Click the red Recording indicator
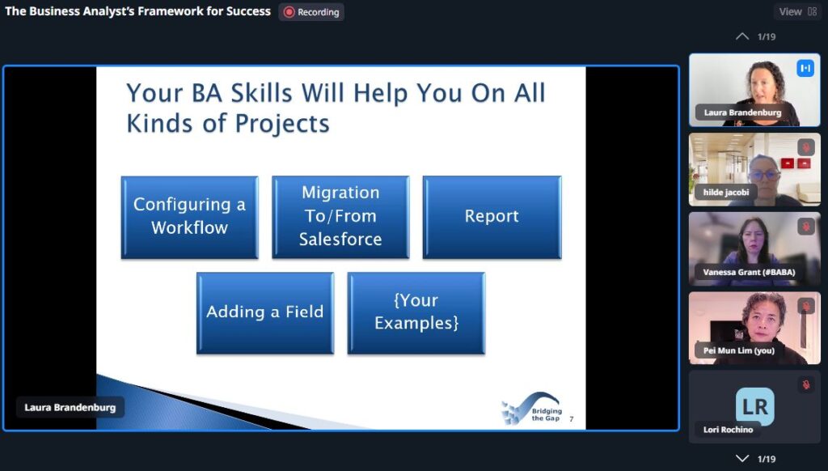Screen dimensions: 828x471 (311, 12)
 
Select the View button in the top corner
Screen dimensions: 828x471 (797, 11)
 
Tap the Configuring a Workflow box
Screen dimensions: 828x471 (189, 217)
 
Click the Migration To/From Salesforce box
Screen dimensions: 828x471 (340, 217)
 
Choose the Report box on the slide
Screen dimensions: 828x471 (492, 217)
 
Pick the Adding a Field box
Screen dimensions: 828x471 (265, 312)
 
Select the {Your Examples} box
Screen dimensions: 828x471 (416, 312)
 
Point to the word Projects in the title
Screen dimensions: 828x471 (282, 125)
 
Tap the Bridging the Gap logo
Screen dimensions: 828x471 (531, 409)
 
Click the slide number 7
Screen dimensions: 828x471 (572, 419)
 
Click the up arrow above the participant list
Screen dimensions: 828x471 (742, 36)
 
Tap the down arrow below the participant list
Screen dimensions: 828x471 (742, 458)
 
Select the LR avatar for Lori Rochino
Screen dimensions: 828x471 (755, 406)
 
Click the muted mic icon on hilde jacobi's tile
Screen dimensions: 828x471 (806, 147)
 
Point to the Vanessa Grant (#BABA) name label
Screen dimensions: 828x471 (749, 272)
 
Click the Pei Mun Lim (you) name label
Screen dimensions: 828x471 (739, 350)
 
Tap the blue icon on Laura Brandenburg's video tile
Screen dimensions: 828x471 (805, 68)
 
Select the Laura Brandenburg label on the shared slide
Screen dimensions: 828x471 (70, 408)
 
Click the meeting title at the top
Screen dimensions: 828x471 (137, 11)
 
